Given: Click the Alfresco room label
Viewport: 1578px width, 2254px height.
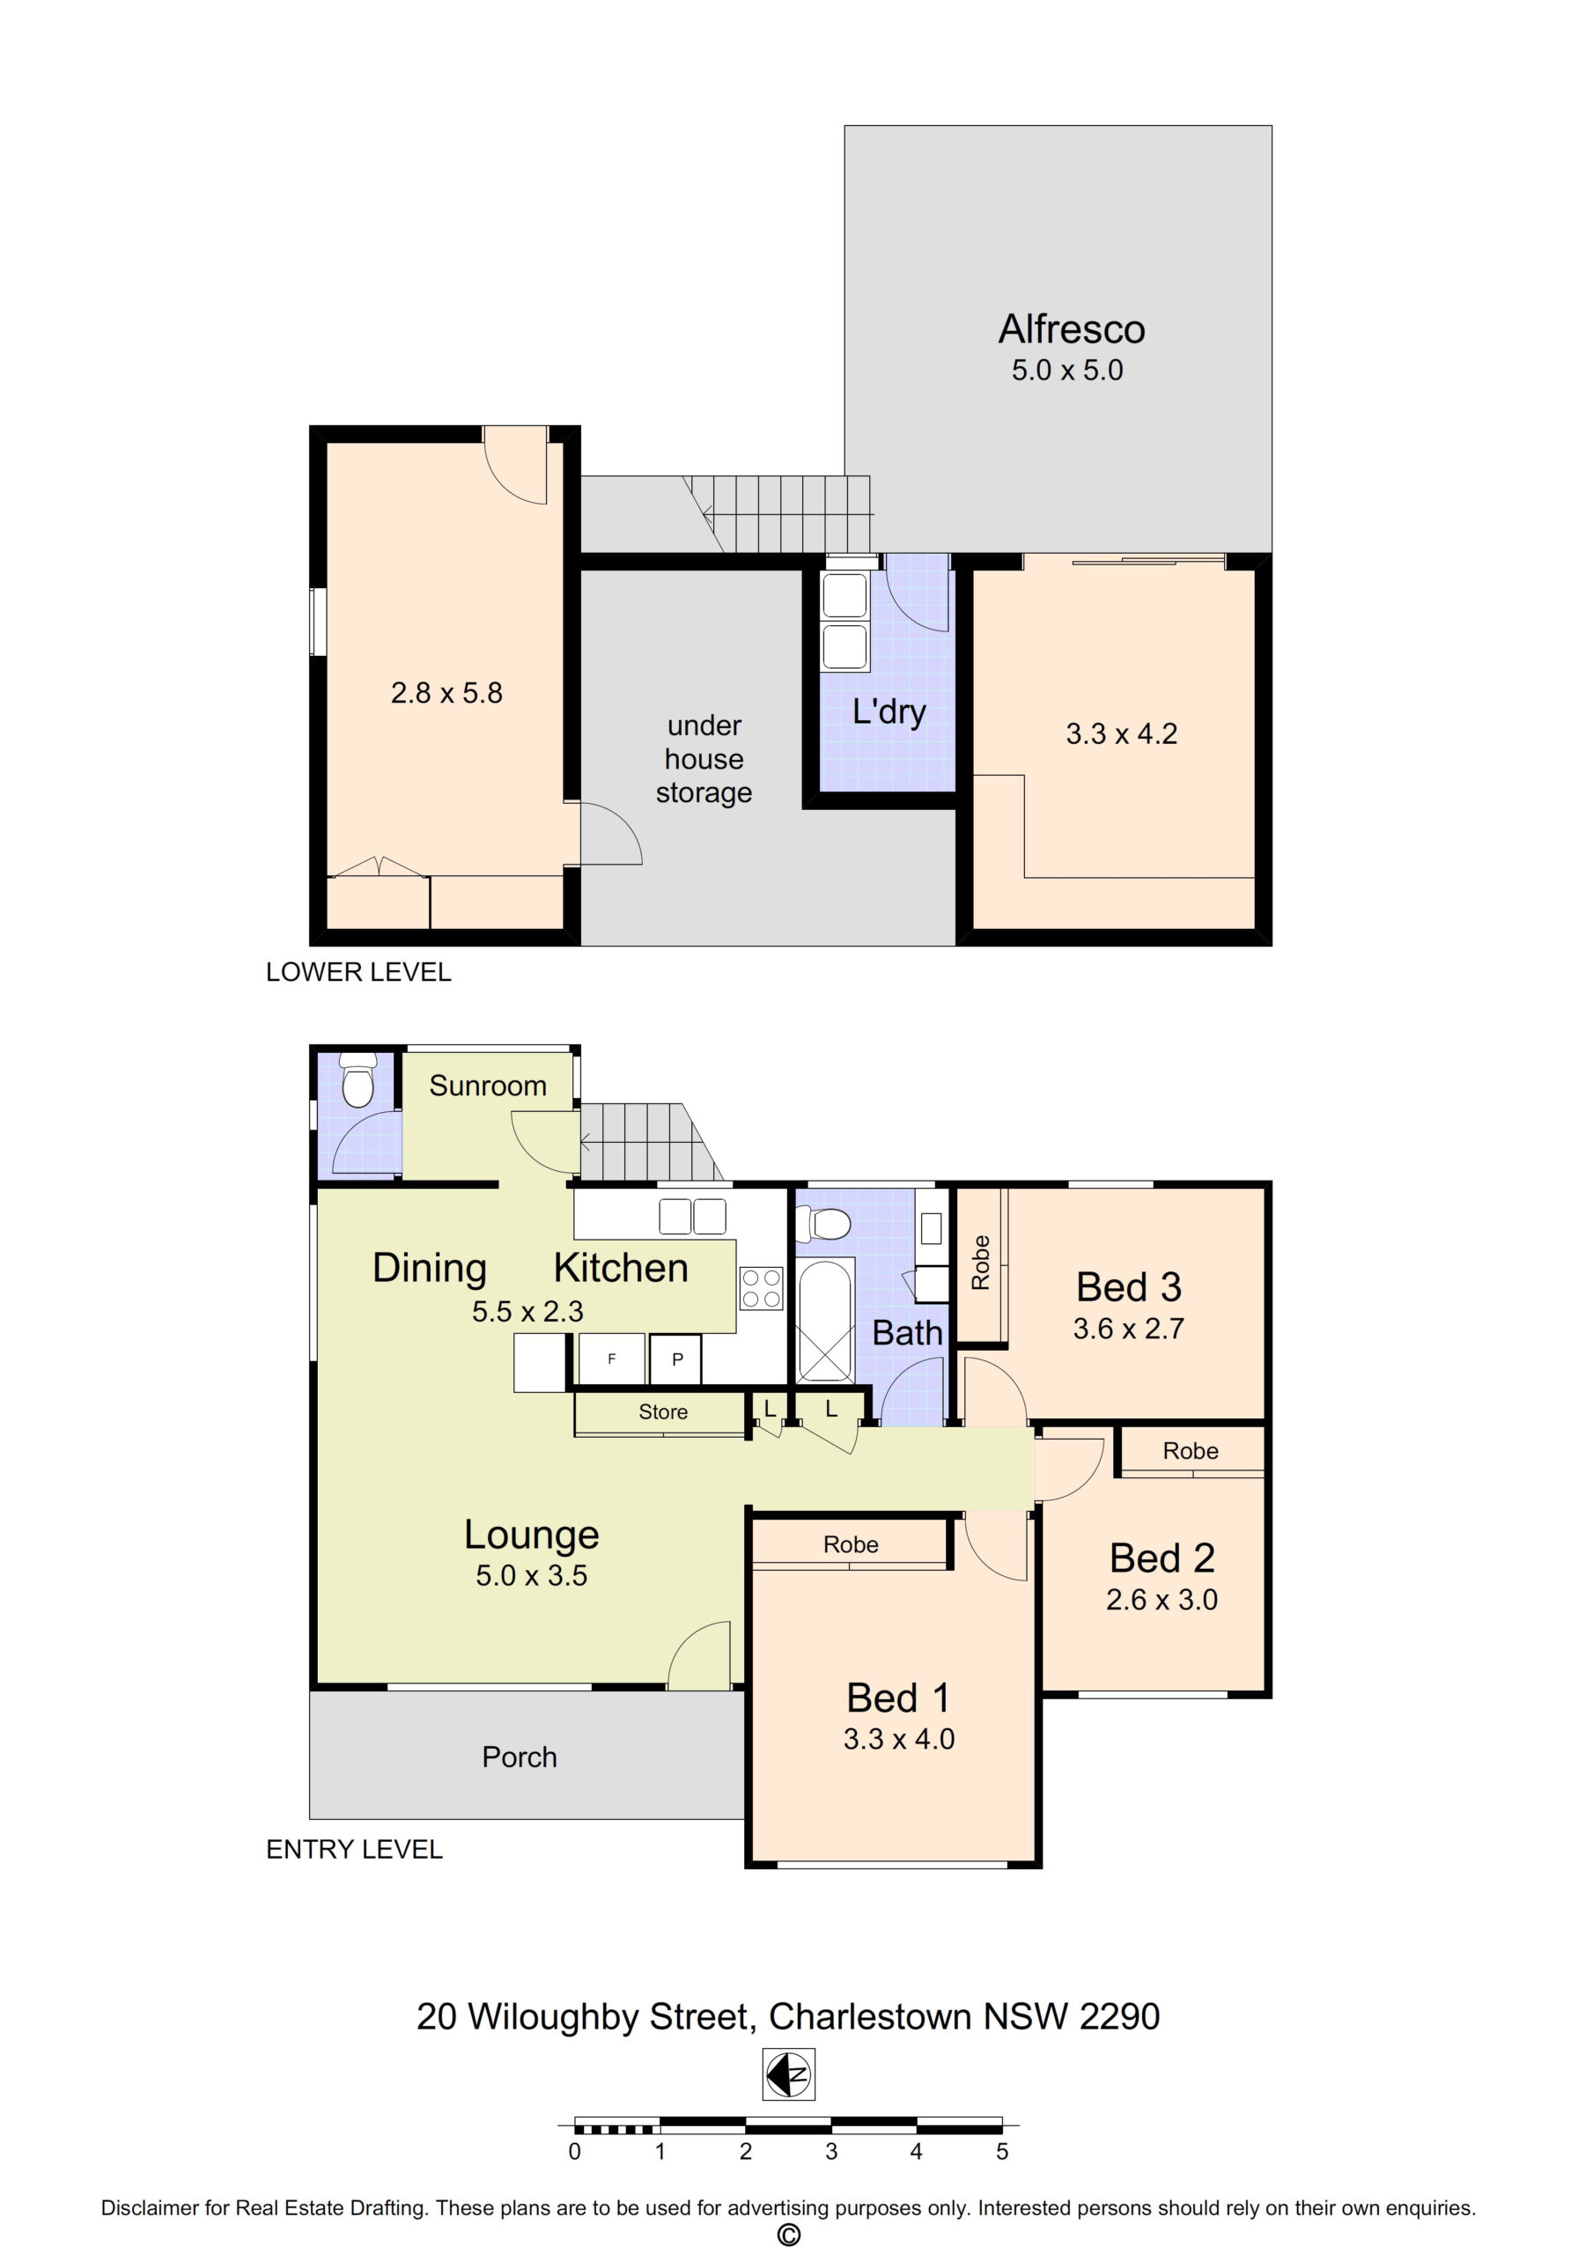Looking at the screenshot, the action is [x=1072, y=329].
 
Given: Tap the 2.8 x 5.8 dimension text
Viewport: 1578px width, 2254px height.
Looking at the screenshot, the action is [x=446, y=693].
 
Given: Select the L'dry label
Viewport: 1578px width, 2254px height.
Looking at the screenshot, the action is [x=889, y=711].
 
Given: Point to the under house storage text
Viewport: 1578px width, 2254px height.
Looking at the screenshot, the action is [x=704, y=759].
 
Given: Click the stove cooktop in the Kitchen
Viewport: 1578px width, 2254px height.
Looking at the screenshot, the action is [x=761, y=1288].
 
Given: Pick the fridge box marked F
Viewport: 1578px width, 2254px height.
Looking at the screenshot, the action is [x=612, y=1359].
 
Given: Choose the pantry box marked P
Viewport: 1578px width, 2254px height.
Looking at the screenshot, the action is [x=676, y=1359].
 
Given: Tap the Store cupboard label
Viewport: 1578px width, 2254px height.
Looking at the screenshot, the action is [x=663, y=1411].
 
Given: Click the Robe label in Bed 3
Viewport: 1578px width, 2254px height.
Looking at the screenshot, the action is [x=980, y=1263].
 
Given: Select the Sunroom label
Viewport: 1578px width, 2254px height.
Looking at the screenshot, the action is [x=488, y=1086].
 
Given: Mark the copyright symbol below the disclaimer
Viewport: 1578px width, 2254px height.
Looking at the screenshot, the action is [x=788, y=2236].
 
